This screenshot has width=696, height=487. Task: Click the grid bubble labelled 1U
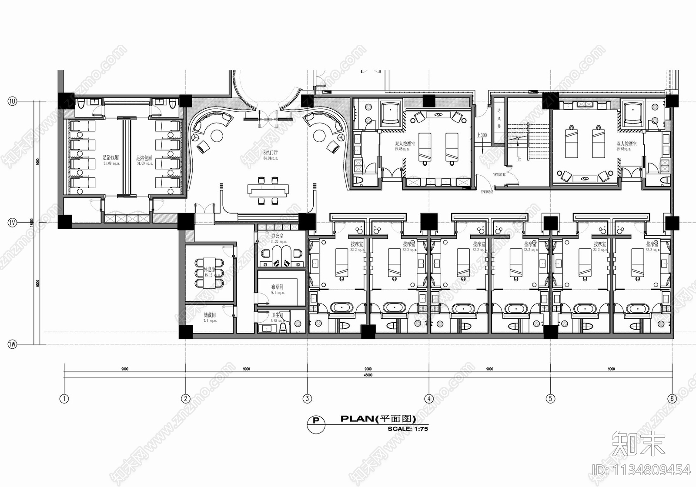point(12,101)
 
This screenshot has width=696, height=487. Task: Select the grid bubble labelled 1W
point(12,344)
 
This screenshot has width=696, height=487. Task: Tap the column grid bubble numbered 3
point(307,398)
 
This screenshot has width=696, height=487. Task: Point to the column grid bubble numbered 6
point(672,398)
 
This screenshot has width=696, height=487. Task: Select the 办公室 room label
point(277,236)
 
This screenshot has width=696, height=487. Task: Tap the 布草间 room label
point(277,287)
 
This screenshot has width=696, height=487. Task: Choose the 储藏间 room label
point(210,315)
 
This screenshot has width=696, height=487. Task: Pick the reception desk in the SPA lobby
point(268,190)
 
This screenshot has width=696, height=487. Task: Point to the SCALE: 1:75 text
point(408,429)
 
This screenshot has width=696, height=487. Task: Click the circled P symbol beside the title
point(316,421)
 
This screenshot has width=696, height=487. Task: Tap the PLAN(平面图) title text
point(378,419)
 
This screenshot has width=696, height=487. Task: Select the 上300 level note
point(482,135)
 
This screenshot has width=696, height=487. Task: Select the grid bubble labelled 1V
point(12,223)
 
